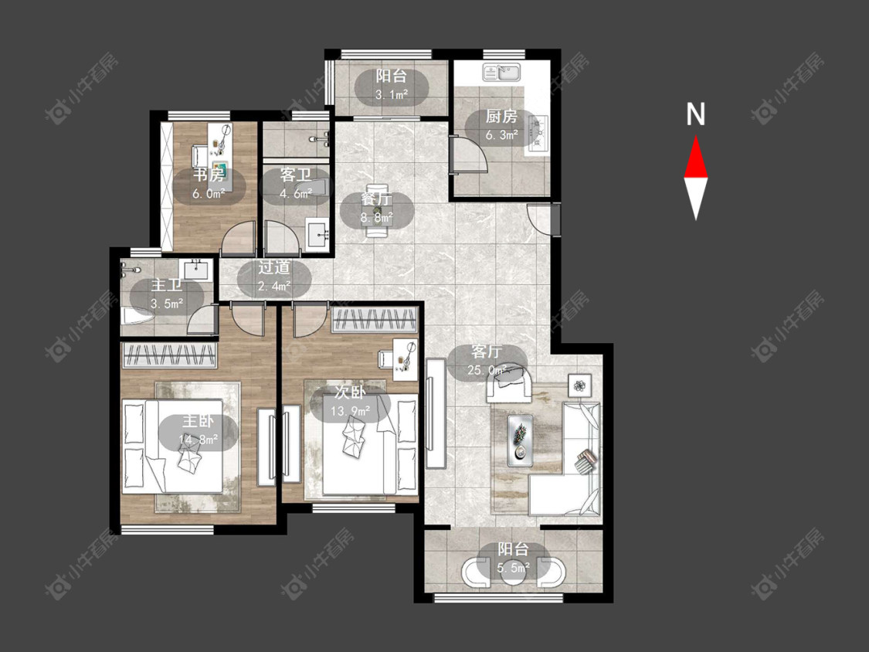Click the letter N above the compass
pyautogui.click(x=695, y=114)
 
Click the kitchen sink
pyautogui.click(x=501, y=73)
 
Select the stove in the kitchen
pyautogui.click(x=538, y=133)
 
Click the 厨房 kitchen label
pyautogui.click(x=501, y=117)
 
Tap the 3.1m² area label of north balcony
pyautogui.click(x=392, y=94)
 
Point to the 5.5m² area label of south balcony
pyautogui.click(x=513, y=568)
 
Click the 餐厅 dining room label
pyautogui.click(x=376, y=199)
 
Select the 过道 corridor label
pyautogui.click(x=273, y=268)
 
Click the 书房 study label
pyautogui.click(x=209, y=175)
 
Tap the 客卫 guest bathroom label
pyautogui.click(x=295, y=175)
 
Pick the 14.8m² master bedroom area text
pyautogui.click(x=199, y=440)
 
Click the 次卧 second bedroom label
pyautogui.click(x=350, y=392)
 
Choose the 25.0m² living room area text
pyautogui.click(x=487, y=370)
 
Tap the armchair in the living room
pyautogui.click(x=509, y=382)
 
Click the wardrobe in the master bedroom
pyautogui.click(x=169, y=355)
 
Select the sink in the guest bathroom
pyautogui.click(x=318, y=236)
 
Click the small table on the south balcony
pyautogui.click(x=513, y=571)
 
